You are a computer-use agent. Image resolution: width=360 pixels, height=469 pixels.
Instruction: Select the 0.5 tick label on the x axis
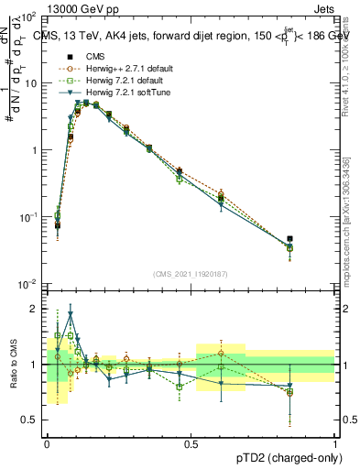tap(191, 442)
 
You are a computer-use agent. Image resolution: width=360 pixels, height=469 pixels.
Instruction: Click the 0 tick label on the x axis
tap(47, 442)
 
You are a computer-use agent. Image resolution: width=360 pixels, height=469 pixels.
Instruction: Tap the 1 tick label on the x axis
tap(334, 442)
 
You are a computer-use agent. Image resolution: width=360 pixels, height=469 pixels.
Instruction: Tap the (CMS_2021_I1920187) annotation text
tap(191, 275)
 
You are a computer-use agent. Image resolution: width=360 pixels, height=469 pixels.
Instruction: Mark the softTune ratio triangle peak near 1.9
tap(71, 313)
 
